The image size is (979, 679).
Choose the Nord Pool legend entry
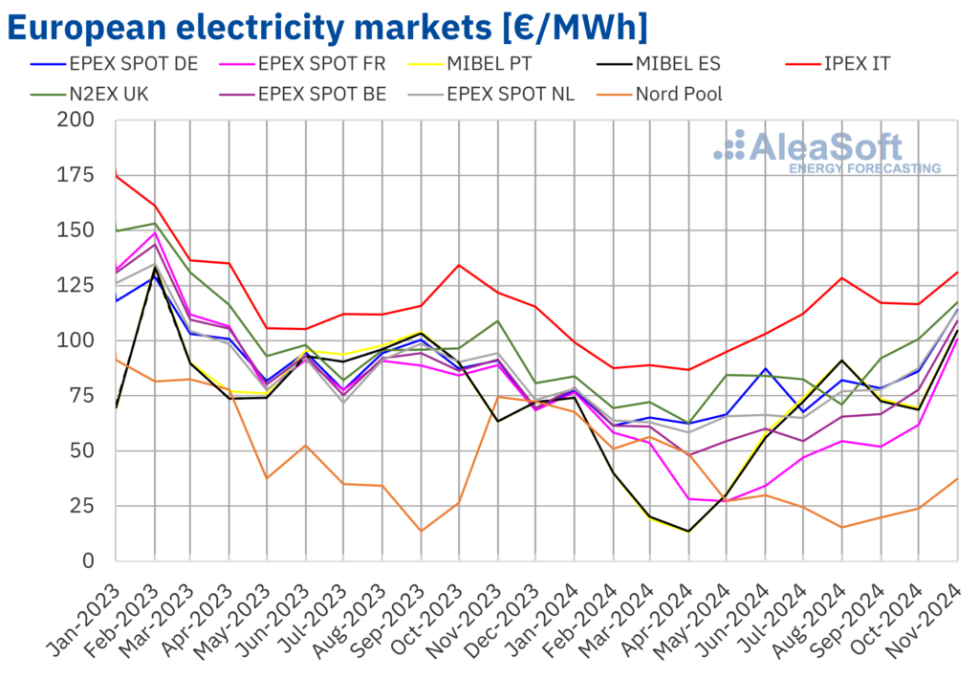678,94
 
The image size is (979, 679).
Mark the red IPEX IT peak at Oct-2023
459,265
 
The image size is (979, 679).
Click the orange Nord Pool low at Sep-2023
421,531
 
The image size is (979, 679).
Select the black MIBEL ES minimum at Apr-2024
688,531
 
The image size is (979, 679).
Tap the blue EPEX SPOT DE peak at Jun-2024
765,368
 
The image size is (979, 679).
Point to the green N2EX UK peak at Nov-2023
497,320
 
